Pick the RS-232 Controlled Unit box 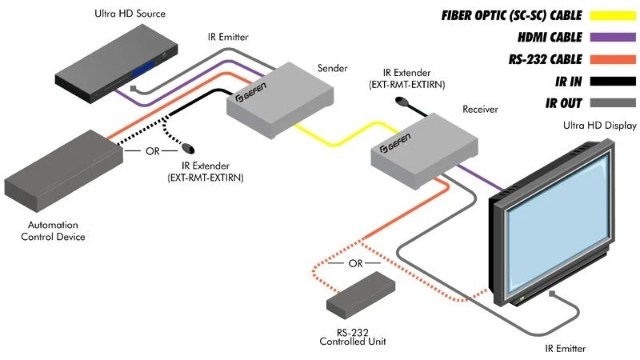361,294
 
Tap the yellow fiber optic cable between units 336,133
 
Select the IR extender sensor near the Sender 189,149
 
